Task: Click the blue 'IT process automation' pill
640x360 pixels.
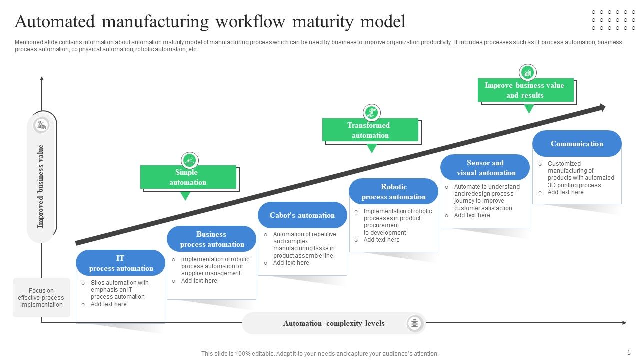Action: pyautogui.click(x=120, y=263)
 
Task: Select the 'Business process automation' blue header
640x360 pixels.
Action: pyautogui.click(x=211, y=239)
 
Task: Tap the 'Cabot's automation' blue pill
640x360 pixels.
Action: pyautogui.click(x=302, y=215)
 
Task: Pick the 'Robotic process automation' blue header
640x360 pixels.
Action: pyautogui.click(x=393, y=192)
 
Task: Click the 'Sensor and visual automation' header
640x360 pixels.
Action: pyautogui.click(x=485, y=168)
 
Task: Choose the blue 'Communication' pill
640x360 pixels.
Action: pyautogui.click(x=577, y=144)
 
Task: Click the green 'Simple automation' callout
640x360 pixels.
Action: pyautogui.click(x=188, y=177)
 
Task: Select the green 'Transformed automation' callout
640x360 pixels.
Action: pyautogui.click(x=370, y=130)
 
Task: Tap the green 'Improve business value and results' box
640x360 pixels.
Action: pyautogui.click(x=525, y=90)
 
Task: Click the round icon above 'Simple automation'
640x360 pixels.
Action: pyautogui.click(x=189, y=160)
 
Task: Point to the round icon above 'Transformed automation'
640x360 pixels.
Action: pyautogui.click(x=371, y=112)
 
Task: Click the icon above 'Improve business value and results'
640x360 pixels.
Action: pyautogui.click(x=527, y=73)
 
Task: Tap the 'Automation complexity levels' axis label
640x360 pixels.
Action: pyautogui.click(x=334, y=323)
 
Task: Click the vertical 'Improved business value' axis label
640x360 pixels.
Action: pyautogui.click(x=41, y=186)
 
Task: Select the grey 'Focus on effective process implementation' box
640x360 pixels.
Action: pyautogui.click(x=41, y=298)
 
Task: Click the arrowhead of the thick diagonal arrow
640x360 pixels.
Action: pyautogui.click(x=602, y=107)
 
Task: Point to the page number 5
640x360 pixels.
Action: pyautogui.click(x=629, y=352)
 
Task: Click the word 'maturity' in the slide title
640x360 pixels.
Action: pyautogui.click(x=323, y=22)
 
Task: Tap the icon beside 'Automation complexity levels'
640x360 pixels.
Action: pyautogui.click(x=414, y=323)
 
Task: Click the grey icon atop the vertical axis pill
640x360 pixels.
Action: pyautogui.click(x=41, y=125)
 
